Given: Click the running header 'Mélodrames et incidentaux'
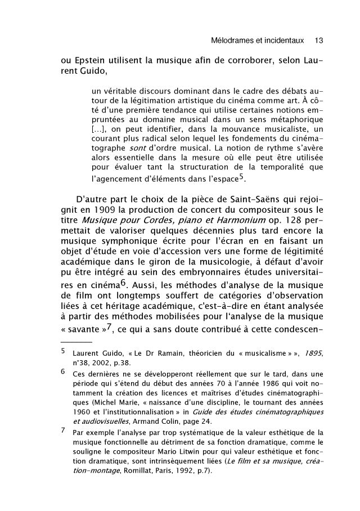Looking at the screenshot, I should [256, 41].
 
